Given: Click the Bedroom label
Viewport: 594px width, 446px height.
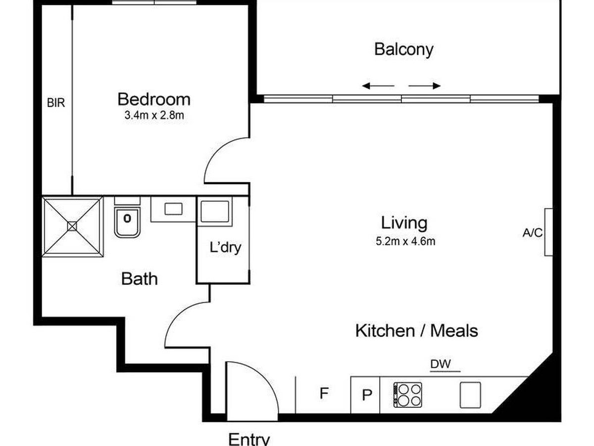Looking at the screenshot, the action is pyautogui.click(x=154, y=100).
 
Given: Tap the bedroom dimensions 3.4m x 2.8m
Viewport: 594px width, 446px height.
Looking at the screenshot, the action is pyautogui.click(x=154, y=115).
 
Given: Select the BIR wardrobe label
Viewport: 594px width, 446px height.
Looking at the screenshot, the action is pyautogui.click(x=56, y=103).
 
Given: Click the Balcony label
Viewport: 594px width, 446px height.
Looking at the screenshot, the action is pyautogui.click(x=404, y=50).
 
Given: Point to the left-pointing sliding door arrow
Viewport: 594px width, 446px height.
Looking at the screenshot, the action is pyautogui.click(x=378, y=86).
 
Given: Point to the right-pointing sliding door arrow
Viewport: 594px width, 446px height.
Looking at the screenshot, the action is pyautogui.click(x=424, y=86).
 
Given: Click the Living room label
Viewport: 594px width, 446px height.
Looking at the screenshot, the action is pyautogui.click(x=404, y=223).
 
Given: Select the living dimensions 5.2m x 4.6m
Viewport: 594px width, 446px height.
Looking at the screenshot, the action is pyautogui.click(x=405, y=241).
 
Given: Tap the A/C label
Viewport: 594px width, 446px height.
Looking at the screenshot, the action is pyautogui.click(x=533, y=233).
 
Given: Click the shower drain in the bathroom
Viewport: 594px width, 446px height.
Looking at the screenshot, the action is pyautogui.click(x=72, y=226).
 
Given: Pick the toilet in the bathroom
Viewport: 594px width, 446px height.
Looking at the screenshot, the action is pyautogui.click(x=127, y=218).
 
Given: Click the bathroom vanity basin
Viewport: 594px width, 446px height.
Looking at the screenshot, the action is pyautogui.click(x=173, y=209).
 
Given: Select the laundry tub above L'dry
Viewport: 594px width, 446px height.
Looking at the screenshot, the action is pyautogui.click(x=215, y=211).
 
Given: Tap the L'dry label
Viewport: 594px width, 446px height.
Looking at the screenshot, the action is pyautogui.click(x=225, y=248).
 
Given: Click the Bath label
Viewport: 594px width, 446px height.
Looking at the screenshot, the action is pyautogui.click(x=140, y=279).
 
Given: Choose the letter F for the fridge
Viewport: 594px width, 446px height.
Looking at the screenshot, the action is pyautogui.click(x=324, y=393).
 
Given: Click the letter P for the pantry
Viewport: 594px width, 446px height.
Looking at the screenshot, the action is pyautogui.click(x=367, y=395).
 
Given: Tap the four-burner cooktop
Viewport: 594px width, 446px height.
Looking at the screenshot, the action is pyautogui.click(x=407, y=395).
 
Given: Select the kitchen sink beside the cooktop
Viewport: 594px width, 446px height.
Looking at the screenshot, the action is pyautogui.click(x=471, y=395).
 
